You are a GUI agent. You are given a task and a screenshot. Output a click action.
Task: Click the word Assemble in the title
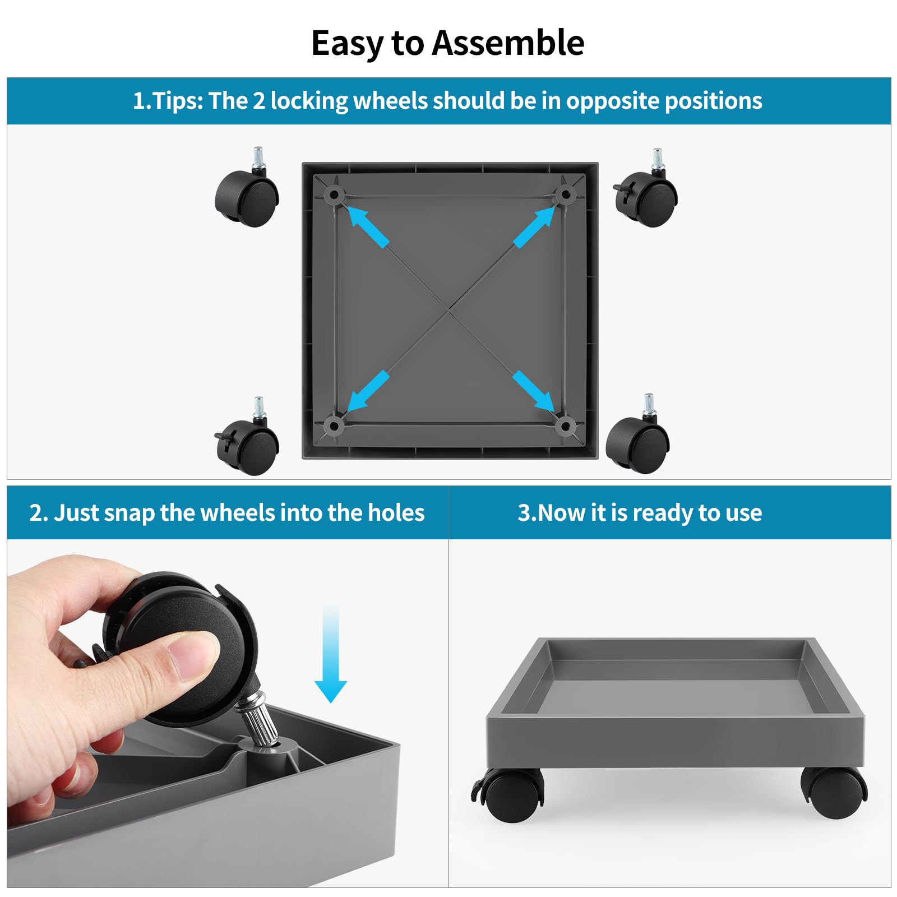click(508, 43)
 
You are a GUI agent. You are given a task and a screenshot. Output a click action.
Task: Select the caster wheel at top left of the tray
click(247, 187)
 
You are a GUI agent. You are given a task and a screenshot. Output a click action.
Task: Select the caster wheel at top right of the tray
click(645, 188)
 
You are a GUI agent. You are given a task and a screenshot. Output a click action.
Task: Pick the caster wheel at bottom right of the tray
click(638, 434)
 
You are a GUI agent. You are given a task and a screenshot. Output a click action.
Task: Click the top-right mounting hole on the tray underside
click(565, 195)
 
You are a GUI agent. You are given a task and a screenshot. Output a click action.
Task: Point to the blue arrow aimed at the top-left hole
click(368, 226)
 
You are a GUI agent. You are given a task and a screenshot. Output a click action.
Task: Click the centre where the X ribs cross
click(449, 310)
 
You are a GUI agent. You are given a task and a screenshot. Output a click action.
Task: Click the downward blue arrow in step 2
click(331, 654)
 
